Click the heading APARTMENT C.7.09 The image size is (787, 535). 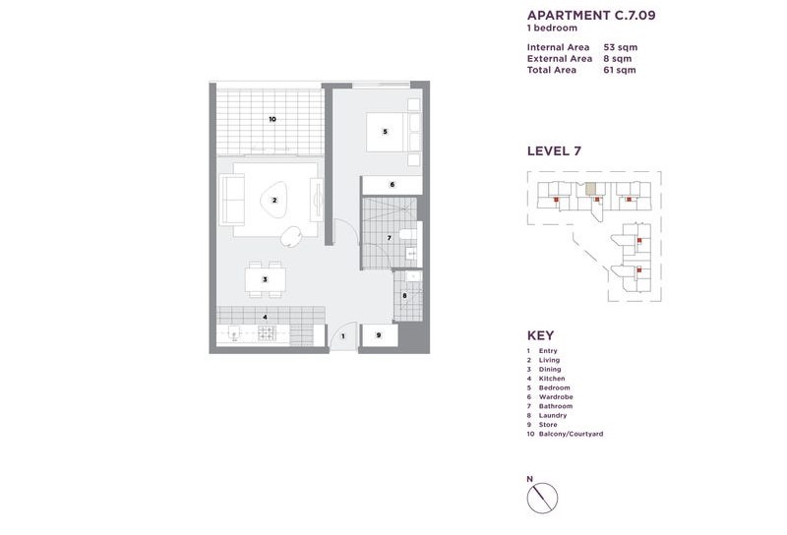click(x=591, y=15)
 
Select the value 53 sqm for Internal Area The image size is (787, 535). click(x=621, y=47)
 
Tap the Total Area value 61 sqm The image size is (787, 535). click(x=620, y=70)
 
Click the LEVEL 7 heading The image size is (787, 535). click(x=554, y=151)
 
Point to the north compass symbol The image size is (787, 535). click(x=542, y=498)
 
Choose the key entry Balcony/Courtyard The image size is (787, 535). click(x=571, y=434)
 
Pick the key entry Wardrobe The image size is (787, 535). click(x=556, y=396)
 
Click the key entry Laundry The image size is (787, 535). click(x=553, y=415)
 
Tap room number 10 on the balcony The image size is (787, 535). click(x=272, y=119)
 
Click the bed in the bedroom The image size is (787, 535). click(x=386, y=132)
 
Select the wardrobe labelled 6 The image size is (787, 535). click(x=392, y=185)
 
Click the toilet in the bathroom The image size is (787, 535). click(x=408, y=234)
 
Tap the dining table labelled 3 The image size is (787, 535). click(x=265, y=279)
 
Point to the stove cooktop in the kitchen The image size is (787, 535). click(x=266, y=332)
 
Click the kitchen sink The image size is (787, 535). click(x=234, y=333)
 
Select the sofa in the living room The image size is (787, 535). click(x=231, y=200)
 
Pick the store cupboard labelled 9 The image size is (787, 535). click(x=380, y=335)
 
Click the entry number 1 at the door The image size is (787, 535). click(x=343, y=336)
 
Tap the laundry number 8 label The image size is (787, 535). click(x=404, y=296)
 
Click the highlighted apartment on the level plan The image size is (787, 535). click(x=591, y=189)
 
